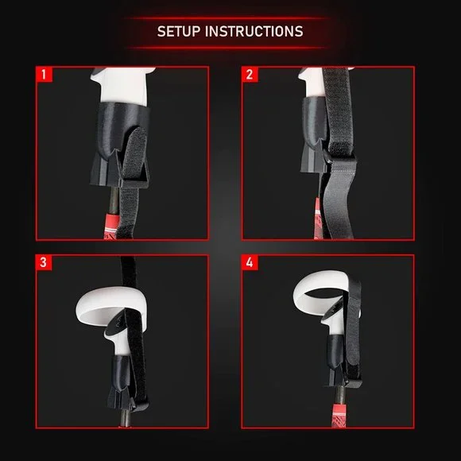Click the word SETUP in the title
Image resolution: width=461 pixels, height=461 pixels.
[179, 32]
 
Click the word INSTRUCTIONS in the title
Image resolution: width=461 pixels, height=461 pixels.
[254, 32]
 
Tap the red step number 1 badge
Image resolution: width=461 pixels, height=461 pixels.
[44, 75]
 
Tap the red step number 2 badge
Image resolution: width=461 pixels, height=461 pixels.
[250, 75]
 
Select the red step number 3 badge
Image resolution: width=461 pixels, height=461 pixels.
[44, 262]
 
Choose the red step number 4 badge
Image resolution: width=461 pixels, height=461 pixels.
[250, 262]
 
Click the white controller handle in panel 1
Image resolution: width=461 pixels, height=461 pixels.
[123, 86]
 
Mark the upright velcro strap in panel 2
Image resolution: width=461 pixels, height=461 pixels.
[338, 112]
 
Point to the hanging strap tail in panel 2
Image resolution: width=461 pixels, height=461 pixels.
[338, 203]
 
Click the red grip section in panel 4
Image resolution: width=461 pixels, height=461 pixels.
[339, 415]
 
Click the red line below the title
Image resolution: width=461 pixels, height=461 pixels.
[229, 48]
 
